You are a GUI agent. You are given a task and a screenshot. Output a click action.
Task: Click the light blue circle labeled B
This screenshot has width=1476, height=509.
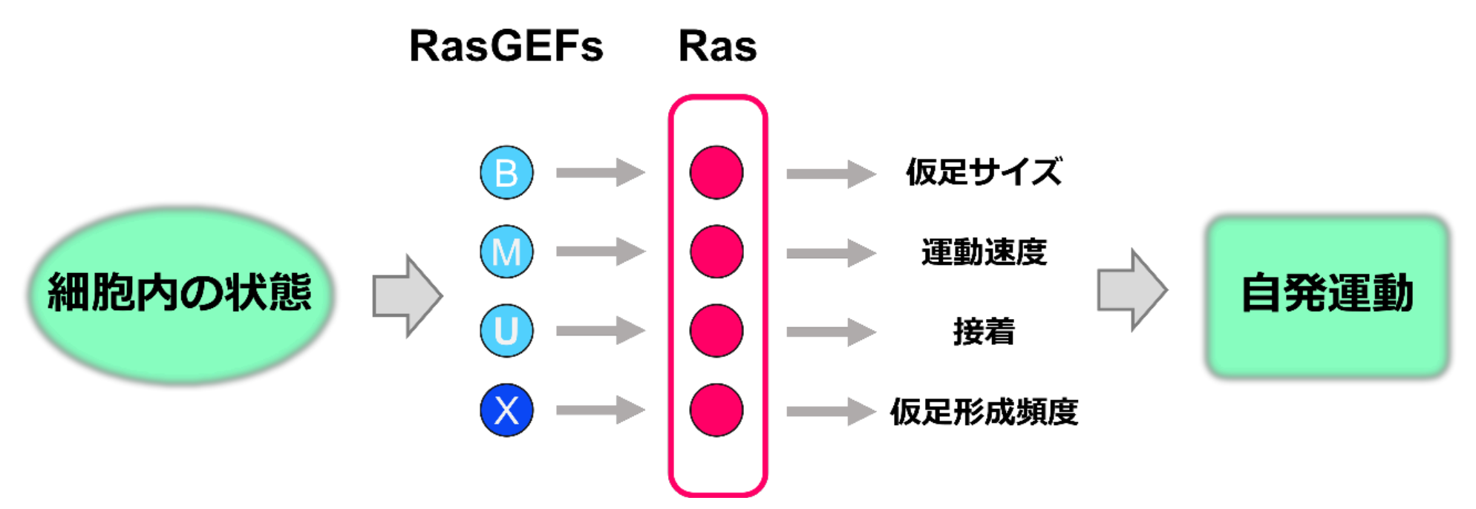506,172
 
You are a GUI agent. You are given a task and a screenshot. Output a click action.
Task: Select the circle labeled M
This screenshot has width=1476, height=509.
506,252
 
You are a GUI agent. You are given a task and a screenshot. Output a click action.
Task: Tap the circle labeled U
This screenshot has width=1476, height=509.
506,330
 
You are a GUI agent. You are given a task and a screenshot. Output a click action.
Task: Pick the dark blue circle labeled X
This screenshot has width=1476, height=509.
506,410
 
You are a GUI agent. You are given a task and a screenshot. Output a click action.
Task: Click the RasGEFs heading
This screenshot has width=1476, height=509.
506,46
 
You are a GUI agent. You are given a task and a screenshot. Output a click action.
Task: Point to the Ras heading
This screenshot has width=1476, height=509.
717,46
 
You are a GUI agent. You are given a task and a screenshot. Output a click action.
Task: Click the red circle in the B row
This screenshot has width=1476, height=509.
716,172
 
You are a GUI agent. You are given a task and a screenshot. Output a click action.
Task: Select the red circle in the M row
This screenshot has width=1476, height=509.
716,252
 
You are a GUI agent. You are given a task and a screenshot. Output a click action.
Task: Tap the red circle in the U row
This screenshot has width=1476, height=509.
716,330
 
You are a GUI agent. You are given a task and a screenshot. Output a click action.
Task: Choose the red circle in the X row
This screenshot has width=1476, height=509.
716,410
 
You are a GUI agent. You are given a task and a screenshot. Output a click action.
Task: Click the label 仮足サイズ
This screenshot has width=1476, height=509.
984,172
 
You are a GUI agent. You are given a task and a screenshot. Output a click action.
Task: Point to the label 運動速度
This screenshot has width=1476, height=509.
984,252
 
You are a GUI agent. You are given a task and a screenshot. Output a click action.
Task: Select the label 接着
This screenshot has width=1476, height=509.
984,332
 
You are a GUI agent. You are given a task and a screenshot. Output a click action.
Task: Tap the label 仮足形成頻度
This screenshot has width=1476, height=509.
984,411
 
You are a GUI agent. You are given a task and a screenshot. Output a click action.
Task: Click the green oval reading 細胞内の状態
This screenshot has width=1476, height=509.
180,293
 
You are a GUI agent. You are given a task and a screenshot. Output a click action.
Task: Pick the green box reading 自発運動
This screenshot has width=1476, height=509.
1328,295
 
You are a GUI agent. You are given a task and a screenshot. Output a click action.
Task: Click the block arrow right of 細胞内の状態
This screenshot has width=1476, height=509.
407,296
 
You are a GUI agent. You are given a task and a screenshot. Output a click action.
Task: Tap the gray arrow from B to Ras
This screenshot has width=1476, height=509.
600,172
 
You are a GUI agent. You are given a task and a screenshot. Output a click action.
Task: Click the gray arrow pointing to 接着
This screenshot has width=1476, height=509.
831,332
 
